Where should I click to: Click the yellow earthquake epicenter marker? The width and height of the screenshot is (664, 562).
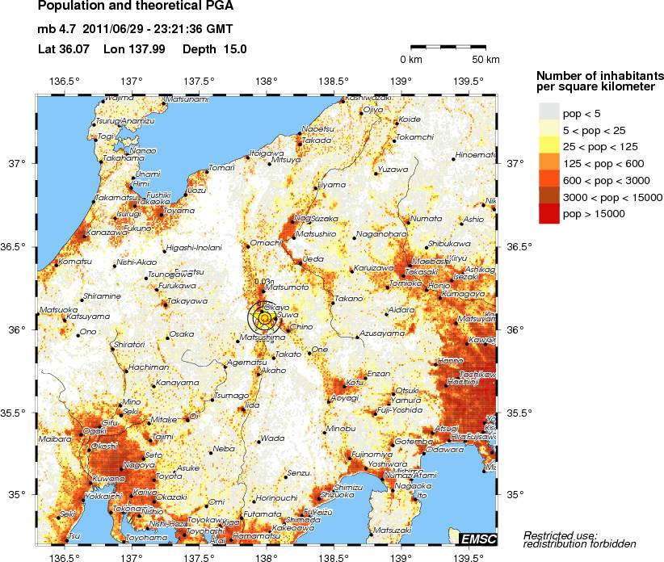tap(266, 319)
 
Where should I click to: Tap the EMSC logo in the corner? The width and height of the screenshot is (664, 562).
tap(478, 539)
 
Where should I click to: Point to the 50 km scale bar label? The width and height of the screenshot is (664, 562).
tap(486, 60)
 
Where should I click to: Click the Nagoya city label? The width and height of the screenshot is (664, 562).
tap(139, 465)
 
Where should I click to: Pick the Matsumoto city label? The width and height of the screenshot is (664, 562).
tap(287, 287)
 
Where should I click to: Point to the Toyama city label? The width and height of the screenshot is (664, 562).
tap(179, 211)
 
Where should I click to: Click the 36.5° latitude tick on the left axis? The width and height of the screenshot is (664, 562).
tap(17, 246)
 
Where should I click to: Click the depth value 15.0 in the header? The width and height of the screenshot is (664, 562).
tap(231, 48)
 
